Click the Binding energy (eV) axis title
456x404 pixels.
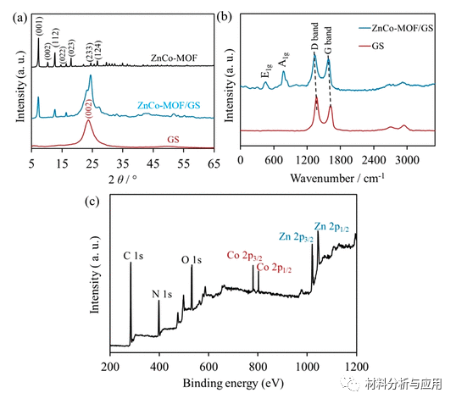(231, 383)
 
